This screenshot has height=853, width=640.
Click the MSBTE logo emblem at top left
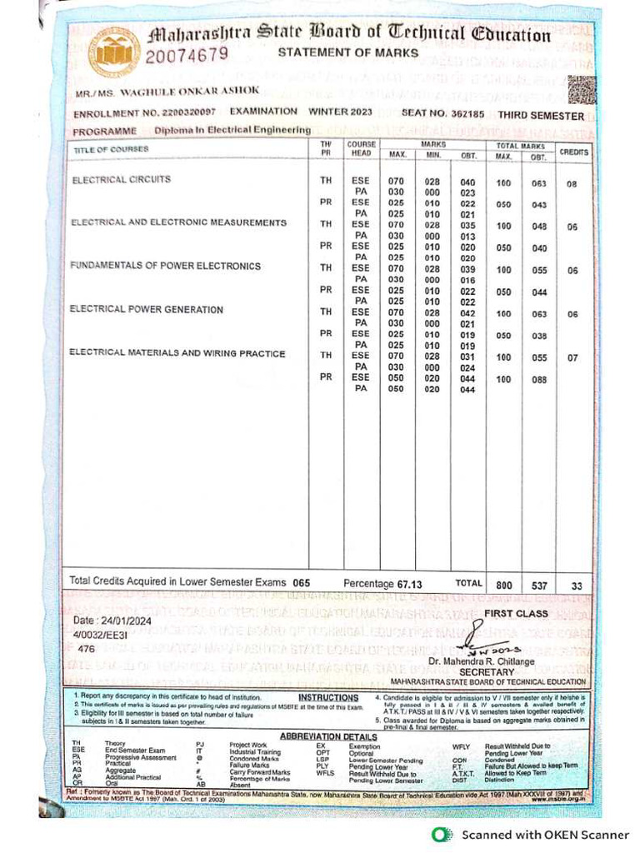click(114, 52)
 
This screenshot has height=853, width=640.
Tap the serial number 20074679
click(187, 57)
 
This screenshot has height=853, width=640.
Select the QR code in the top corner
click(582, 88)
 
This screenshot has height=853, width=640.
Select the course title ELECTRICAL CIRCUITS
click(122, 179)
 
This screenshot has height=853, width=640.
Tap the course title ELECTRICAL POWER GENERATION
click(147, 310)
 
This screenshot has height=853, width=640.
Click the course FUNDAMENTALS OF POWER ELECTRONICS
click(166, 267)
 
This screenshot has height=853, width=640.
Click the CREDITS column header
click(573, 152)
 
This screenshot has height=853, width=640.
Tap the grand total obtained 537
click(538, 583)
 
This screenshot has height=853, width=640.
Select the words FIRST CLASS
click(516, 613)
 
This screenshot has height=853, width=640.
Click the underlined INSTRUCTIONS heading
click(328, 697)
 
